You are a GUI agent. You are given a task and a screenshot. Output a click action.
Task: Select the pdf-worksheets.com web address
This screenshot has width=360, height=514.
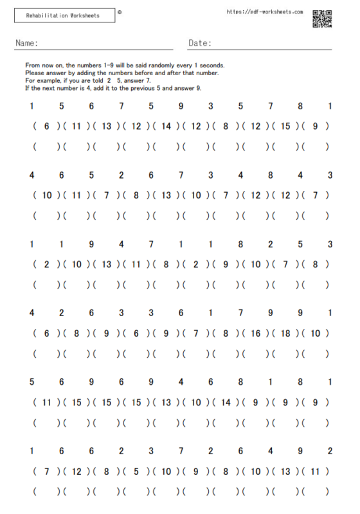coord(265,12)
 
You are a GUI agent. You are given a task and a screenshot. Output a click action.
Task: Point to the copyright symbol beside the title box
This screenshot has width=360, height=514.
coord(120,12)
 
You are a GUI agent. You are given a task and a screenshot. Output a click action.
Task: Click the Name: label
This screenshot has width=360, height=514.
coord(26,44)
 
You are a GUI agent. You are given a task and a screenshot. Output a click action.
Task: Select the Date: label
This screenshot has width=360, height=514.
coord(200,44)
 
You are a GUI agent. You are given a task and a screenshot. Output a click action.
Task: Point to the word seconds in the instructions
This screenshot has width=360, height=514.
coord(213,66)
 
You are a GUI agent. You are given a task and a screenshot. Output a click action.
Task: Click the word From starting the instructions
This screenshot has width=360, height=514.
coord(32,66)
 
